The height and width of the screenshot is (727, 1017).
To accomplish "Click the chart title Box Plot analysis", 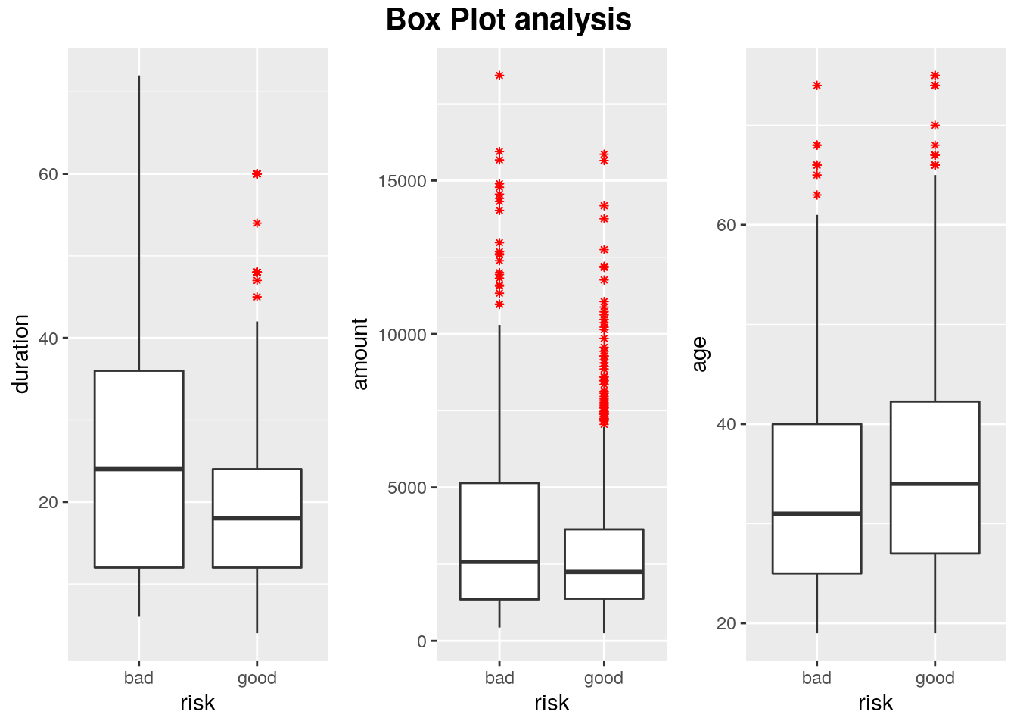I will tap(508, 20).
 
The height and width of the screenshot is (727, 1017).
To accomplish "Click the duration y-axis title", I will tap(21, 354).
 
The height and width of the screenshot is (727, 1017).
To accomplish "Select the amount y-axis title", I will tap(360, 354).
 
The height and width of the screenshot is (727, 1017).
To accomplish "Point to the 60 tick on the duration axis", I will tap(48, 174).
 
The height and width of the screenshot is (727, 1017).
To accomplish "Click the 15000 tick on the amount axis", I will tap(402, 181).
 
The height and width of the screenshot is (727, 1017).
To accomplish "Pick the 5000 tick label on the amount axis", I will tap(407, 488).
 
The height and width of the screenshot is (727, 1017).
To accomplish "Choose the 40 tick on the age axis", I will tap(726, 424).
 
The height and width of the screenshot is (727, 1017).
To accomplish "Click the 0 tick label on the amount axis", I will tap(421, 641).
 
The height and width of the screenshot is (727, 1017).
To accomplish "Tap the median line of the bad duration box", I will tap(139, 469).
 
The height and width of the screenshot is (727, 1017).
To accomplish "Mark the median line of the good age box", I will tap(935, 483).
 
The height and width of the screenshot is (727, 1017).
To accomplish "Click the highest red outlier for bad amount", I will tap(499, 76).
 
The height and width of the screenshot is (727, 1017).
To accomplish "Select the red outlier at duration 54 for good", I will tap(257, 223).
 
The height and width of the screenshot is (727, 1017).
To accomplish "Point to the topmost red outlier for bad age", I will tap(817, 86).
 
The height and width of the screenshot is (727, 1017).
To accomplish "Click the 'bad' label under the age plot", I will tap(816, 678).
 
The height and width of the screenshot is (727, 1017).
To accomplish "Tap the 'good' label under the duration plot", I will tap(257, 678).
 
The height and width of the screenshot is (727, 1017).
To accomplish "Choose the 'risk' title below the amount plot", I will tap(552, 703).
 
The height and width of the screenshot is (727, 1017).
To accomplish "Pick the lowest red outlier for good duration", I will tap(257, 297).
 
